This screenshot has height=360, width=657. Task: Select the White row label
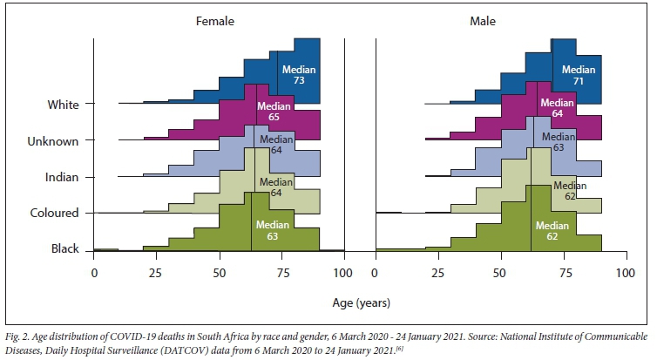pos(64,105)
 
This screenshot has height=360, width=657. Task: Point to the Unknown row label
pos(54,141)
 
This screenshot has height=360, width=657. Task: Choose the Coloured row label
pos(55,213)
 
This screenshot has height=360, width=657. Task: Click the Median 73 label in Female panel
pos(298,75)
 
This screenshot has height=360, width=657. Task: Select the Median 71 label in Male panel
pos(579,75)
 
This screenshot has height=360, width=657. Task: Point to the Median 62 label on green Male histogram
pos(552,230)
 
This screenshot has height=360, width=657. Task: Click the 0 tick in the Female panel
pos(94,273)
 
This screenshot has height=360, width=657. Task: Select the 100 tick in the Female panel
pos(345,273)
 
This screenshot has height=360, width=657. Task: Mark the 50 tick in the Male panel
pos(501,273)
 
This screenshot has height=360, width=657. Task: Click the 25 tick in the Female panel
pos(157,273)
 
